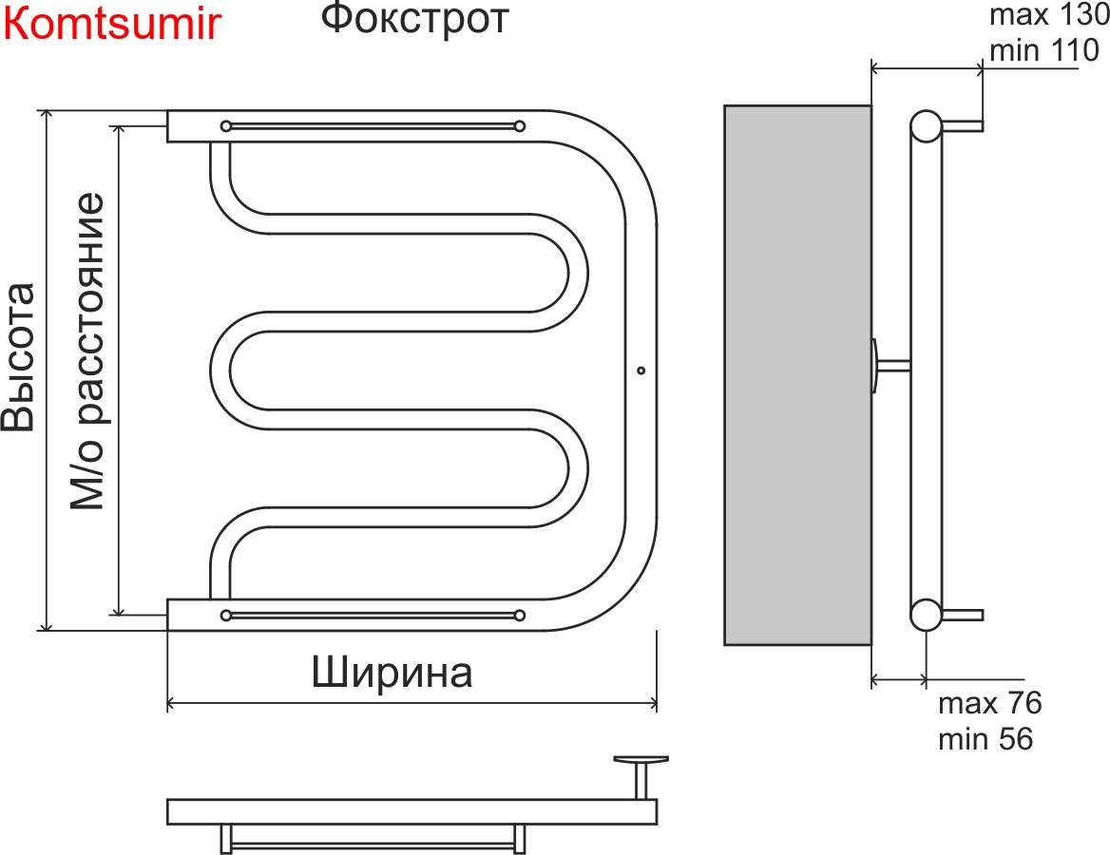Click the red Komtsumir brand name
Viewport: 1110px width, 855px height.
tap(113, 25)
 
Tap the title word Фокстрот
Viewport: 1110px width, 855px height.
tap(414, 19)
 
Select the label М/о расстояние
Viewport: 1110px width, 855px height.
tap(87, 352)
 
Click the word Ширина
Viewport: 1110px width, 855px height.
tap(392, 674)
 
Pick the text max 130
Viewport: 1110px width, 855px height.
tap(1048, 15)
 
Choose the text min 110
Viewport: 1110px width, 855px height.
tap(1044, 50)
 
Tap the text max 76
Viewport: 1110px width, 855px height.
tap(989, 704)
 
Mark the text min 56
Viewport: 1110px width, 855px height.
tap(986, 739)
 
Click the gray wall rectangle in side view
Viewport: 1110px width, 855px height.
tap(797, 374)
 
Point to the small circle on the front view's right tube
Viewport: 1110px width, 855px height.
tap(641, 370)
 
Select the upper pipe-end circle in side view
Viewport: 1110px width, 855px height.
tap(926, 125)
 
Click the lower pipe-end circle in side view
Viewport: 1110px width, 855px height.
tap(926, 615)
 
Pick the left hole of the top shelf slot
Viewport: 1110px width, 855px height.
tap(225, 125)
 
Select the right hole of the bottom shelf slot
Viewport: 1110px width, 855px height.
tap(519, 615)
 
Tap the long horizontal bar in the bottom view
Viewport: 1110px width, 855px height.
tap(411, 811)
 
